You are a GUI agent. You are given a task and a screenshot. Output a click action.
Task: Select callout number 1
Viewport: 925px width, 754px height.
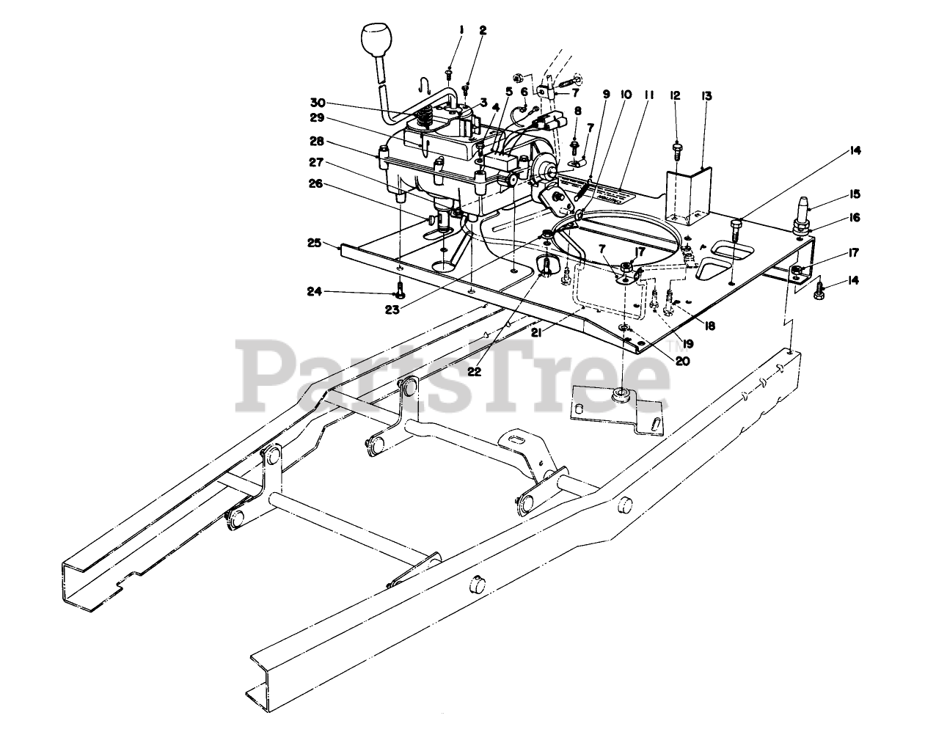pos(461,29)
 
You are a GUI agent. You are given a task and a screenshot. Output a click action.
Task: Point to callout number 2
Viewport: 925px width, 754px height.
pos(483,30)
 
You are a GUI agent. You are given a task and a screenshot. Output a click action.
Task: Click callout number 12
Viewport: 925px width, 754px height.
pos(675,96)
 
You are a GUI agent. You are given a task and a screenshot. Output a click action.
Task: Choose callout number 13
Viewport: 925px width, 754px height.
pos(706,96)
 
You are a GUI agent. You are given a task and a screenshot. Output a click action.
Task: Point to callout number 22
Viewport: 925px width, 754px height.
pos(474,371)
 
